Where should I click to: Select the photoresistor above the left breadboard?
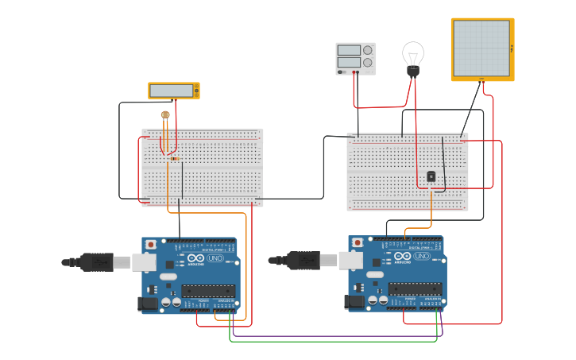[x=165, y=115]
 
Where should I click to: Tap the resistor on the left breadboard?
[x=174, y=159]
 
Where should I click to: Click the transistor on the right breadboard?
[x=431, y=176]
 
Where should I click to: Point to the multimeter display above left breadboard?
[x=173, y=91]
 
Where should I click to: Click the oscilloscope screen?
[x=481, y=48]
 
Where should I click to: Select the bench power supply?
[x=355, y=58]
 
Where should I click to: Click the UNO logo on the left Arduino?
[x=215, y=258]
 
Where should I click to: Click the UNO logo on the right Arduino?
[x=421, y=257]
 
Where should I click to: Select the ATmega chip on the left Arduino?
[x=209, y=290]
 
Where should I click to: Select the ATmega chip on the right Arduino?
[x=415, y=288]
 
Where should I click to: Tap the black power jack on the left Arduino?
[x=148, y=303]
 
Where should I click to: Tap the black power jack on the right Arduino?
[x=354, y=301]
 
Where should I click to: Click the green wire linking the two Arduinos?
[x=334, y=342]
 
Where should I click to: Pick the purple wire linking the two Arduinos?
[x=334, y=336]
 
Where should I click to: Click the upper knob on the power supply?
[x=368, y=50]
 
